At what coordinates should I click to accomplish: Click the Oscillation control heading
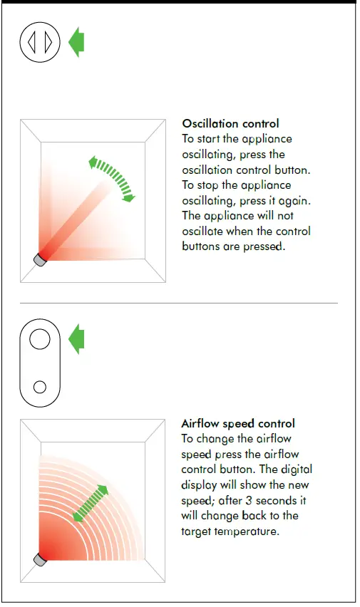[x=230, y=123]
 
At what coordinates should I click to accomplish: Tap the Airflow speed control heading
[x=238, y=423]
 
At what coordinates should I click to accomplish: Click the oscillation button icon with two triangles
[x=40, y=43]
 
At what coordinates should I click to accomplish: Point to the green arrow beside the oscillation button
[x=76, y=43]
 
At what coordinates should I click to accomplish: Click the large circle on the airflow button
[x=40, y=338]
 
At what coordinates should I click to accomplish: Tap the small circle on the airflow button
[x=40, y=386]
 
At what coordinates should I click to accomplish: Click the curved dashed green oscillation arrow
[x=113, y=179]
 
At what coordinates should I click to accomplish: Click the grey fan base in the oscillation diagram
[x=41, y=259]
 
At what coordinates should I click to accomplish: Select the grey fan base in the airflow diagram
[x=41, y=559]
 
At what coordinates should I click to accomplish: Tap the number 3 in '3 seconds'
[x=257, y=500]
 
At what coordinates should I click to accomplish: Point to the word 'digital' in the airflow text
[x=297, y=469]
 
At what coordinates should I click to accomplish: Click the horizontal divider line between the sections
[x=178, y=303]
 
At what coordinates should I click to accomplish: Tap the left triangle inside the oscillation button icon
[x=31, y=43]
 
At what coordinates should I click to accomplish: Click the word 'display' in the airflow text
[x=201, y=485]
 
